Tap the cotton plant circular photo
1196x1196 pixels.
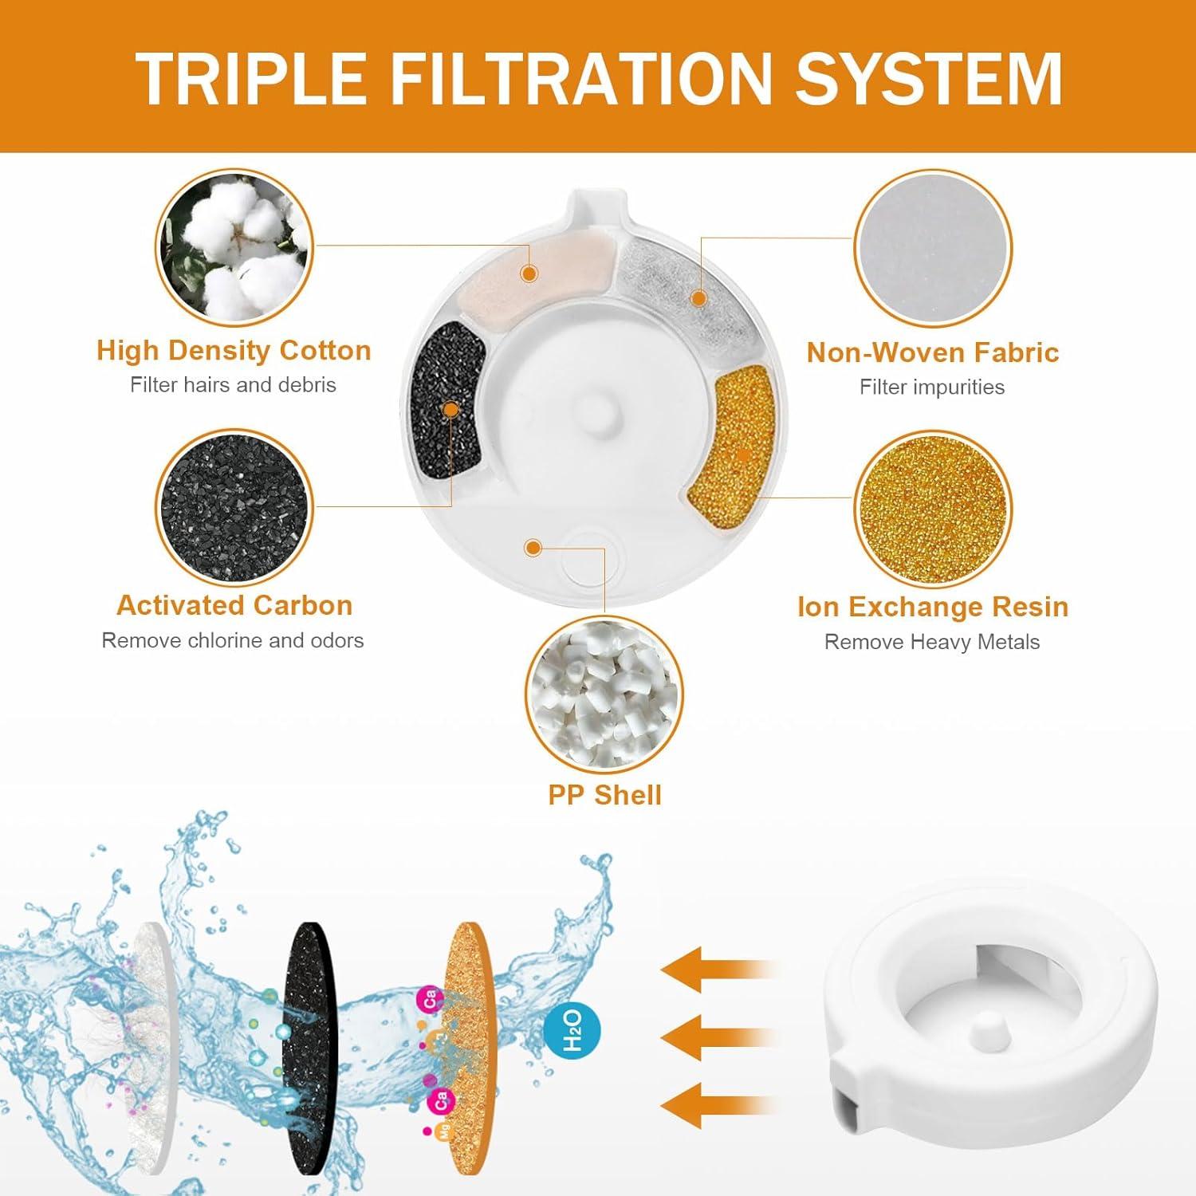pyautogui.click(x=234, y=247)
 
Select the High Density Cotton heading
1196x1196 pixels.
pyautogui.click(x=234, y=351)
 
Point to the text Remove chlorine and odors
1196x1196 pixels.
pyautogui.click(x=233, y=641)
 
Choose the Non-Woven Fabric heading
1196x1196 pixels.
pyautogui.click(x=932, y=352)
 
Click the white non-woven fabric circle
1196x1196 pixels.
pyautogui.click(x=932, y=249)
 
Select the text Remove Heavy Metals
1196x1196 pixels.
pyautogui.click(x=932, y=643)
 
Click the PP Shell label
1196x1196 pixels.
pyautogui.click(x=604, y=795)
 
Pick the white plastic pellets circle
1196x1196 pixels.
pyautogui.click(x=604, y=694)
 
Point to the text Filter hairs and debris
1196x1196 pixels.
pyautogui.click(x=233, y=385)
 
